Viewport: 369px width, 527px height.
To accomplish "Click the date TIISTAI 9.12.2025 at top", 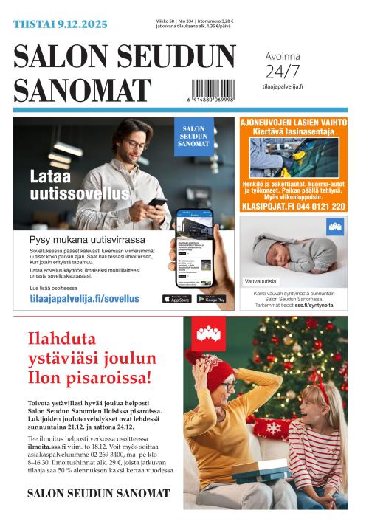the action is pos(60,24).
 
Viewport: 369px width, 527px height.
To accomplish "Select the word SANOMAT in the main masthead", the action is pos(83,91).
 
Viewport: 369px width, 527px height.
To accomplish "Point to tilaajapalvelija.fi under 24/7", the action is pos(283,86).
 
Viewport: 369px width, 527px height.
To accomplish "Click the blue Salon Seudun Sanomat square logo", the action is pos(193,136).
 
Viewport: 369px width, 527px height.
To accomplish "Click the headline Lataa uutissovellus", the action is pos(69,185).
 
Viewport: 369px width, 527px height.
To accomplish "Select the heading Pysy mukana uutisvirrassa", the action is pos(87,239).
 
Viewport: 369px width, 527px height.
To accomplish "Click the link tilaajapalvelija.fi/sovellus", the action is pos(84,299).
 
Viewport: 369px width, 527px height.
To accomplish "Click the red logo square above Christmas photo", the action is pos(209,334).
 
